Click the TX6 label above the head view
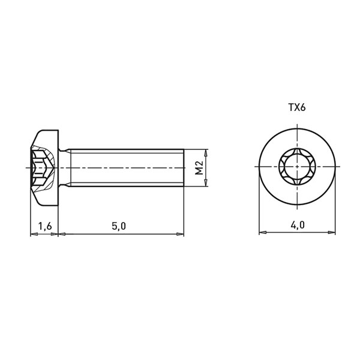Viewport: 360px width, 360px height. pyautogui.click(x=297, y=107)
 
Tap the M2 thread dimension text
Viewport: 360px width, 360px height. pyautogui.click(x=199, y=167)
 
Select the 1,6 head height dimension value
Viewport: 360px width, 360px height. pyautogui.click(x=45, y=226)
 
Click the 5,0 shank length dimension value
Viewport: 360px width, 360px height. pyautogui.click(x=119, y=226)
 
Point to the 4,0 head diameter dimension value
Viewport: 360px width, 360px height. pyautogui.click(x=298, y=225)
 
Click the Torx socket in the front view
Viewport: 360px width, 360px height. pyautogui.click(x=297, y=166)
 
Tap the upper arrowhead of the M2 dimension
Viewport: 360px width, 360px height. pyautogui.click(x=206, y=152)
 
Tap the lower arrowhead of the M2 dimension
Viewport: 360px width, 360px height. pyautogui.click(x=206, y=183)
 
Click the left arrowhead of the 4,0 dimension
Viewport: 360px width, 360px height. pyautogui.click(x=263, y=232)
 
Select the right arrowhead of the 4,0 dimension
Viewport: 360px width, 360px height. pyautogui.click(x=332, y=232)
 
